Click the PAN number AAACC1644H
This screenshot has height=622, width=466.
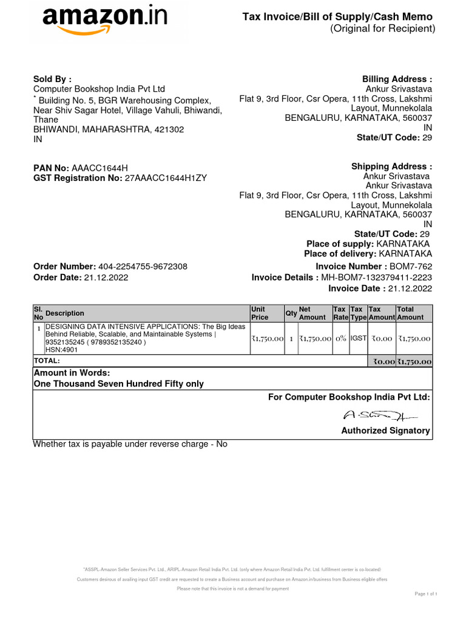coord(100,168)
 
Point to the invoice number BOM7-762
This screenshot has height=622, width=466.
coord(410,267)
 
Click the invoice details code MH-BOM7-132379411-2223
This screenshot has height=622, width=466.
coord(377,278)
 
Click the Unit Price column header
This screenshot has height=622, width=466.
coord(260,313)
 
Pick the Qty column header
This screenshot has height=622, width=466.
coord(291,313)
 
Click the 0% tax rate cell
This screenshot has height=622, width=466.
coord(340,339)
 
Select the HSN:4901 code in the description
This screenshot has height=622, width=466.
coord(59,350)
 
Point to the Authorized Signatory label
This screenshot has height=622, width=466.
coord(385,431)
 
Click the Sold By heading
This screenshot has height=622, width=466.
coord(52,79)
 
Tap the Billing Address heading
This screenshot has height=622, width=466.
coord(397,80)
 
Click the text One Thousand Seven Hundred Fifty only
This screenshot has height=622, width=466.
coord(118,384)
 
